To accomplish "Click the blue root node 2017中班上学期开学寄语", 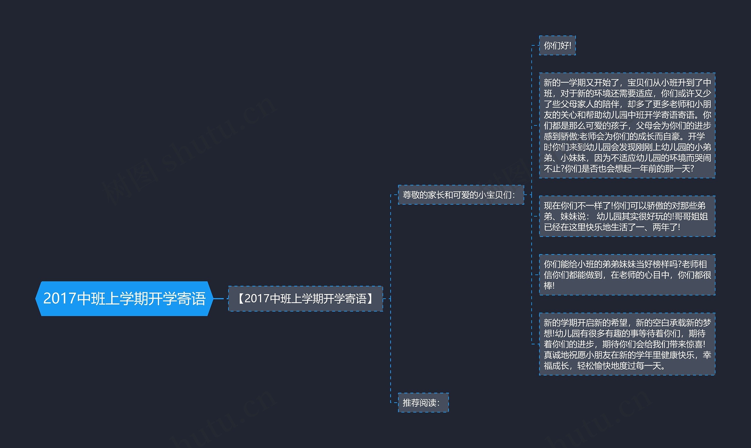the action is tap(124, 298).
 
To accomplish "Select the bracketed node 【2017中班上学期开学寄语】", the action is tap(305, 298).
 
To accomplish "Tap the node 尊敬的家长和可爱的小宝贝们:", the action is tap(461, 195).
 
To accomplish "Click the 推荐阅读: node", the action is tap(423, 403).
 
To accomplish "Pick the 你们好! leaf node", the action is tap(557, 45).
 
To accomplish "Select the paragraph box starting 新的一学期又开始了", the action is tap(627, 125).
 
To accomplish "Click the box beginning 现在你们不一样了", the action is tap(627, 216).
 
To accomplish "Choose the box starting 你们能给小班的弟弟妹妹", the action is tap(627, 275).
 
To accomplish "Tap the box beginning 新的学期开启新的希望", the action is tap(627, 344).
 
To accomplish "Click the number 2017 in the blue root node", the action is tap(60, 298).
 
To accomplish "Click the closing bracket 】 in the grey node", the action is tap(371, 298).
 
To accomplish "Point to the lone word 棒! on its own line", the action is tap(549, 286).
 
